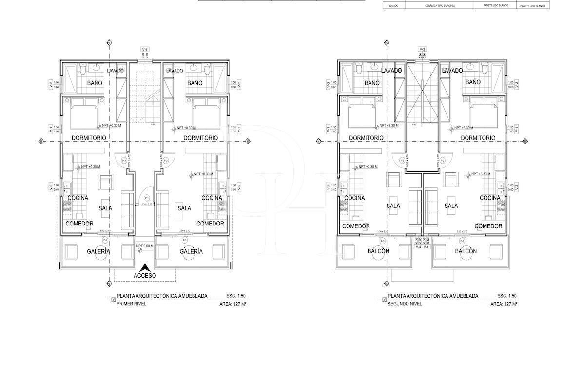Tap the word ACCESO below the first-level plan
[145, 275]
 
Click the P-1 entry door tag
[147, 198]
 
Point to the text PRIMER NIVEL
[132, 304]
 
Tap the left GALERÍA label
[98, 252]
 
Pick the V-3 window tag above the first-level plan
[145, 50]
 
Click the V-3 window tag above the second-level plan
[422, 50]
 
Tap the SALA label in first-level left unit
[105, 208]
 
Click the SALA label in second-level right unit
[451, 206]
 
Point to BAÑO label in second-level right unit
[473, 82]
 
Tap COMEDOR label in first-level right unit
[210, 224]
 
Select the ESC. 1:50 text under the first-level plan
[237, 296]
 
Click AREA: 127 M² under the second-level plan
[504, 304]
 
